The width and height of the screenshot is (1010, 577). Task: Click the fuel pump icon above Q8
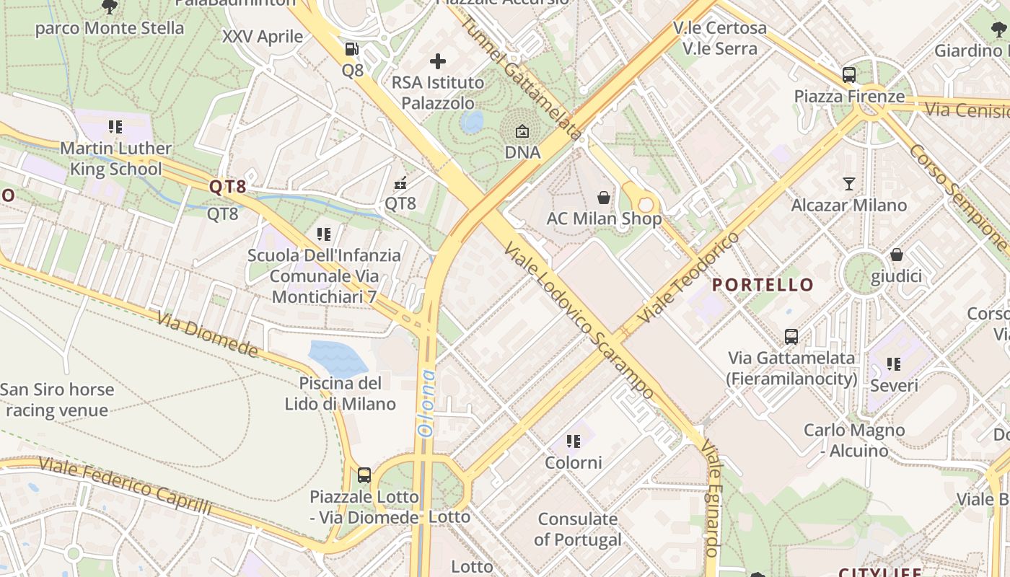(352, 49)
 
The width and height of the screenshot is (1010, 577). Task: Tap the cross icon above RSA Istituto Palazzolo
(438, 61)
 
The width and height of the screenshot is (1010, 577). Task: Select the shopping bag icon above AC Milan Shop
(603, 197)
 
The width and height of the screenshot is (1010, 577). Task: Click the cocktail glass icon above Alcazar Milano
(849, 183)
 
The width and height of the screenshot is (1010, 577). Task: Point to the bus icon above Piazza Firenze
(849, 74)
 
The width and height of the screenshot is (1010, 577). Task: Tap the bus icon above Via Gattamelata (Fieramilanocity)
(791, 336)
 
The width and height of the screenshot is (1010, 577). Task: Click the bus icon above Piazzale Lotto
(364, 475)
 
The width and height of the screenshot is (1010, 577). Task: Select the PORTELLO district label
(763, 285)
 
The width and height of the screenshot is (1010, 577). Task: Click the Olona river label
(426, 403)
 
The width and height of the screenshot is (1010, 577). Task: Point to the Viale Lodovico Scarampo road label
(579, 320)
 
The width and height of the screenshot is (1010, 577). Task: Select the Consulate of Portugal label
(578, 529)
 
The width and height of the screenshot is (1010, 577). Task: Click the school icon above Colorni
(574, 441)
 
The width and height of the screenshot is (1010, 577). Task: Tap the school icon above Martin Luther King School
(115, 127)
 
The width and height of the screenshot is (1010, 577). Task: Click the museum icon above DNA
(522, 131)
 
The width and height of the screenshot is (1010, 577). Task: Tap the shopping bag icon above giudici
(897, 255)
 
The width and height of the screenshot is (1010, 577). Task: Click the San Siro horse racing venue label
(57, 400)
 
